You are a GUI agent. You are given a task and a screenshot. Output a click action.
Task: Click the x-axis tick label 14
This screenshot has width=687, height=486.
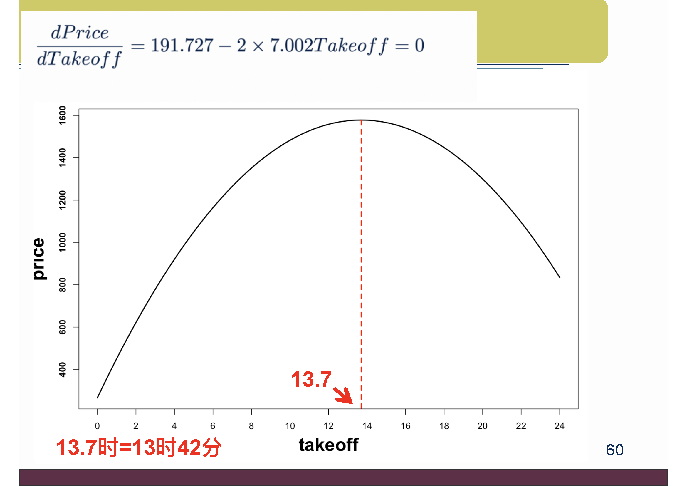point(367,426)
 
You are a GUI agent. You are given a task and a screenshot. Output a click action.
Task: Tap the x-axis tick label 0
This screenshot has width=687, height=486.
point(97,426)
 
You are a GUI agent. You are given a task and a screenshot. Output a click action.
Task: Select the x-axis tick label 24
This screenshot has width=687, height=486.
point(560,426)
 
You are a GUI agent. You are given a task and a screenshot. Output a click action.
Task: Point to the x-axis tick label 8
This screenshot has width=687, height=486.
point(251,426)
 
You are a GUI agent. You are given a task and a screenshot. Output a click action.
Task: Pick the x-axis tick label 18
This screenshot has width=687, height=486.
point(444,426)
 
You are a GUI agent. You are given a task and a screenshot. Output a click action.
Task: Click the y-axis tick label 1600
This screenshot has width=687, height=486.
point(62,115)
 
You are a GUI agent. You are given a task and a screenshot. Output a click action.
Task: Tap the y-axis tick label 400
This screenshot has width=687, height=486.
point(62,370)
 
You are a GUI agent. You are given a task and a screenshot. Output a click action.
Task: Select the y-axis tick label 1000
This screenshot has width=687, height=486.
point(62,242)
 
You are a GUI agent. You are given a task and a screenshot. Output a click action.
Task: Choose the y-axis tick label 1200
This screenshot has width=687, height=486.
point(62,200)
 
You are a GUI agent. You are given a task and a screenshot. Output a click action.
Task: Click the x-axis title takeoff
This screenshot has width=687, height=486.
point(329,445)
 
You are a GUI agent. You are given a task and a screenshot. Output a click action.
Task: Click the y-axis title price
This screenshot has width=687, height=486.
point(39,259)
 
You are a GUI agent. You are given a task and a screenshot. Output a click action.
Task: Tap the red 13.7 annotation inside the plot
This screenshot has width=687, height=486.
point(311,379)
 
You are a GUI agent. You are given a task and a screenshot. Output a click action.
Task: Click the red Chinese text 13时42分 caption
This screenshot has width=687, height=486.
point(177,448)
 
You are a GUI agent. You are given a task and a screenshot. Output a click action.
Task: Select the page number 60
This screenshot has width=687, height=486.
point(615,450)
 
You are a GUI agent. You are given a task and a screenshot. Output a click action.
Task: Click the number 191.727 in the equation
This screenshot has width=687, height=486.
point(182,46)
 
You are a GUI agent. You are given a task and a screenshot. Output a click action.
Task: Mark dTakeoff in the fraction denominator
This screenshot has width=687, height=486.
point(80,59)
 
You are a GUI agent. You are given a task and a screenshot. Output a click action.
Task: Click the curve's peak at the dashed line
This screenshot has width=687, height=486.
point(361,120)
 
